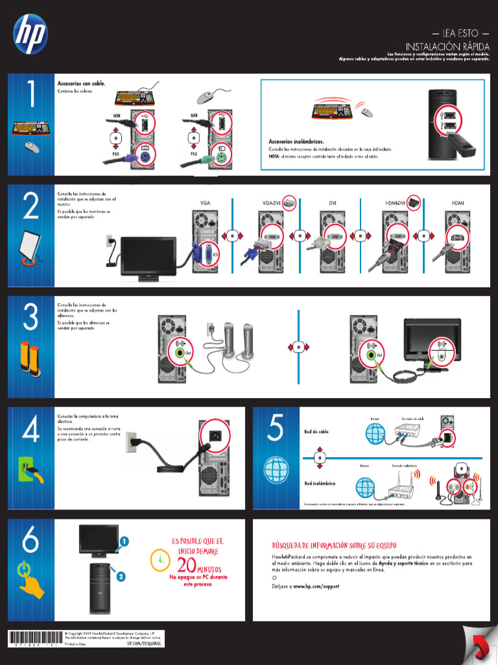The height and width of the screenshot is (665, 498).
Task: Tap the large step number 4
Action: tap(30, 430)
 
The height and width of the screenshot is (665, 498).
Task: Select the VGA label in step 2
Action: tap(205, 203)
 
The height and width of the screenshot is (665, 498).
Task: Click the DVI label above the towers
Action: tap(333, 203)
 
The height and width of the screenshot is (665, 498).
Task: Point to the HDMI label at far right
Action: tap(458, 203)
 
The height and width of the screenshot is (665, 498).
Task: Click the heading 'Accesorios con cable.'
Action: tap(81, 84)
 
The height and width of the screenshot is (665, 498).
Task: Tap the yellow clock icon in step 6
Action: tap(158, 559)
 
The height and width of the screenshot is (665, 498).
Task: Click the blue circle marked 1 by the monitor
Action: tap(123, 540)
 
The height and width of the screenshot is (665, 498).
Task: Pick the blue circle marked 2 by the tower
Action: tap(121, 575)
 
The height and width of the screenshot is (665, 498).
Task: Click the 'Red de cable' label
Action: tap(316, 432)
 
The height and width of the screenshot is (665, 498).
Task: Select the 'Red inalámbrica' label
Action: tap(320, 483)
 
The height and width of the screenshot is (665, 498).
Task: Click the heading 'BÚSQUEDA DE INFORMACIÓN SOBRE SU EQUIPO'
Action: tap(334, 546)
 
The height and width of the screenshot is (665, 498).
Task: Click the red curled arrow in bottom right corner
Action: tap(480, 647)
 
